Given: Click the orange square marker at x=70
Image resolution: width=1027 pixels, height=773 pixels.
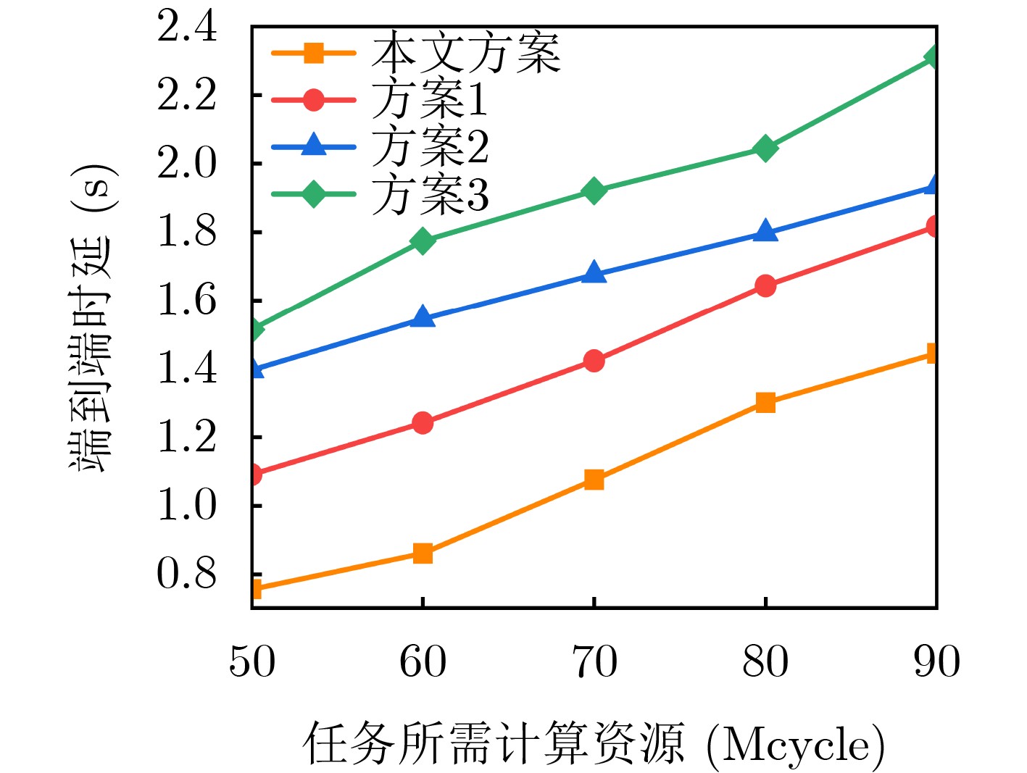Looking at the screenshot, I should [594, 480].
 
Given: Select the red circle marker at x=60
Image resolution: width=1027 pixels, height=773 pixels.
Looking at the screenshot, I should [423, 422].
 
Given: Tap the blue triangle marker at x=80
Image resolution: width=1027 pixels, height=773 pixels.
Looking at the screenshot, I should [765, 232].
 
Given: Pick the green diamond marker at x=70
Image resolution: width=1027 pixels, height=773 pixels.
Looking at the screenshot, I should [594, 191].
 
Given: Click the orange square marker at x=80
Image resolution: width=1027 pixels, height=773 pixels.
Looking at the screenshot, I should [765, 402].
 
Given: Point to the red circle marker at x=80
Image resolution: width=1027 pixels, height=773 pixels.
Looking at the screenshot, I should [765, 285].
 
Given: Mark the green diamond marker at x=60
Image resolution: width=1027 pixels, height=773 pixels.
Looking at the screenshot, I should [423, 241].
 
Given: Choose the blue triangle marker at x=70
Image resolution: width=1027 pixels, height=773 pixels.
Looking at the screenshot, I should [594, 273].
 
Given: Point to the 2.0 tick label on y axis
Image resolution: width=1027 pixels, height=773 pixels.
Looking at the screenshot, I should [187, 164].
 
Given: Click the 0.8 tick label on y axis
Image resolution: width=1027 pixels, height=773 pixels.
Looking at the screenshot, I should [187, 574].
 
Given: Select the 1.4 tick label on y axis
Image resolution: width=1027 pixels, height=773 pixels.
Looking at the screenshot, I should [187, 369].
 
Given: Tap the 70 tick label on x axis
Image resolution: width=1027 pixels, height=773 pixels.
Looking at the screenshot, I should [594, 661].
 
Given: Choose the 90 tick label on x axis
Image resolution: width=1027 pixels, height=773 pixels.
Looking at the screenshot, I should [936, 661].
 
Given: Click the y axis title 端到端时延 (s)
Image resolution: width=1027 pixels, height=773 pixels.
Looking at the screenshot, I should [93, 319].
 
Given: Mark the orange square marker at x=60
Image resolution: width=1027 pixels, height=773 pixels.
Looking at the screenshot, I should [423, 553].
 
